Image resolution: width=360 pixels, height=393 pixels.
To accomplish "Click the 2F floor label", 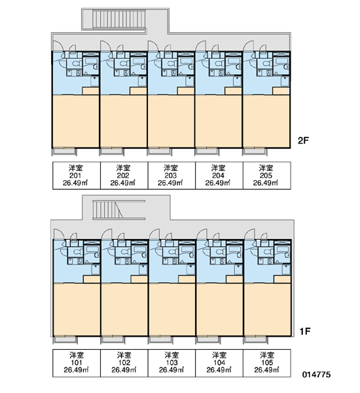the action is [x=303, y=141].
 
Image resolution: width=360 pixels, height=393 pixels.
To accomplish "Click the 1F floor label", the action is [x=305, y=331].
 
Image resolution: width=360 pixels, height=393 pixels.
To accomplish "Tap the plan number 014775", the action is [x=316, y=375].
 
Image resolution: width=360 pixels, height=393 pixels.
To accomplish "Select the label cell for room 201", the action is [x=77, y=176].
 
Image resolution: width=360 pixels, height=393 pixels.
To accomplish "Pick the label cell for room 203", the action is [x=171, y=176].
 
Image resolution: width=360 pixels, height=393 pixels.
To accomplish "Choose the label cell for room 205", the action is [x=266, y=176].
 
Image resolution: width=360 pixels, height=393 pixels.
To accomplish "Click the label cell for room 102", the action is [x=124, y=363].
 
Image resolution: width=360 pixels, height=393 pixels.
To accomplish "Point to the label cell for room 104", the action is [x=219, y=363].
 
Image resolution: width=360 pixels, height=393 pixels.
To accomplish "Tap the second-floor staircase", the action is [x=119, y=19].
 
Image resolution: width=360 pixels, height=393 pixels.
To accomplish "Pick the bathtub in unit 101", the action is [x=92, y=252].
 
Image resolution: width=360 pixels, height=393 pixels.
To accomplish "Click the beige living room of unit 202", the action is [x=124, y=121].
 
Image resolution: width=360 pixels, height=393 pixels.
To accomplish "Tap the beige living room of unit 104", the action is [x=220, y=310].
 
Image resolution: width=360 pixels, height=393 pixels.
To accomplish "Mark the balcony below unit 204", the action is [x=207, y=152].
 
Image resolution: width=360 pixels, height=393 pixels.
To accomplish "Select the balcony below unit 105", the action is [x=256, y=339].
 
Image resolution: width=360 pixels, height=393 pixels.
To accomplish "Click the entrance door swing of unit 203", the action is [x=153, y=46].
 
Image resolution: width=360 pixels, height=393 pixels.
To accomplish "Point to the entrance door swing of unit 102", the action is [x=106, y=234].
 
